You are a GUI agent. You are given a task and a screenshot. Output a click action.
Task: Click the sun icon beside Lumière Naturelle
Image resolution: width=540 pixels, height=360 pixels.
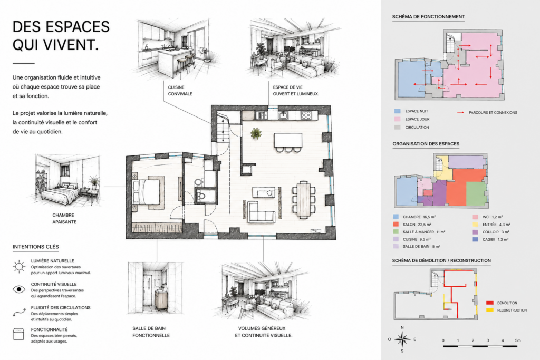pos(19,267)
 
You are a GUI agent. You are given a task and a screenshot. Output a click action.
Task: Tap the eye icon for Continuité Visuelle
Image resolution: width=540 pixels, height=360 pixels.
pos(19,289)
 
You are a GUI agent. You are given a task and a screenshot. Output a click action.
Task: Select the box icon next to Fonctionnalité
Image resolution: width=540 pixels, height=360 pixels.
pos(18,334)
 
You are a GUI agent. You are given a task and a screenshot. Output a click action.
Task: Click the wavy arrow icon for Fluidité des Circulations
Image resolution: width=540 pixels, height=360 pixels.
pos(20,312)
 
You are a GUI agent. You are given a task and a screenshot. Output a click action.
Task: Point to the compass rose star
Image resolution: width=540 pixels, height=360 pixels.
pos(402,339)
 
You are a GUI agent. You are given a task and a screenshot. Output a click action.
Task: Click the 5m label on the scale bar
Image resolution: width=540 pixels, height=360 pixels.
pos(518,340)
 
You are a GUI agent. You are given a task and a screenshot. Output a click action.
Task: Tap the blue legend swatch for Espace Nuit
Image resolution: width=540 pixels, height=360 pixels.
pos(397,111)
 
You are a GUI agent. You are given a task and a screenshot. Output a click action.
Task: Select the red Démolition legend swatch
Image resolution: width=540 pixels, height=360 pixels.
pos(489,303)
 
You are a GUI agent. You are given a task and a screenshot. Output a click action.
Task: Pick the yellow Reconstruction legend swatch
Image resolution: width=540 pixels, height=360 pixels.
pos(489,310)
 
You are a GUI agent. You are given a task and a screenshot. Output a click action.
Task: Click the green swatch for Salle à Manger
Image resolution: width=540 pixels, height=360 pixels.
pos(396,232)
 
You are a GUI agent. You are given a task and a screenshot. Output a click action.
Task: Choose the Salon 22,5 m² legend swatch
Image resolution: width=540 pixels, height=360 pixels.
pos(396,225)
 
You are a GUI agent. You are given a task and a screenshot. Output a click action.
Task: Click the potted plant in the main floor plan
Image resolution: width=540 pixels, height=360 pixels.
pos(256,133)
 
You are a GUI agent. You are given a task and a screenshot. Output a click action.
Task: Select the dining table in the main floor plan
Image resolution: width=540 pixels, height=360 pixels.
pos(304,200)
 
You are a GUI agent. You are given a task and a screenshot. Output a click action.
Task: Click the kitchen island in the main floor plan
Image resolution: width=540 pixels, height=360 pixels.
pos(288,140)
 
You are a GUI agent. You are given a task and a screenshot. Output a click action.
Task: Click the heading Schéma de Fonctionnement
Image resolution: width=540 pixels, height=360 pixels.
pos(428,16)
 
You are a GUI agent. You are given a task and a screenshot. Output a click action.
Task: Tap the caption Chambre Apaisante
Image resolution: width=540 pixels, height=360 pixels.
pos(64,219)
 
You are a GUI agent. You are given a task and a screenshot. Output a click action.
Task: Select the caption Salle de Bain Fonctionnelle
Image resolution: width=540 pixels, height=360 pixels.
pos(151,332)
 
